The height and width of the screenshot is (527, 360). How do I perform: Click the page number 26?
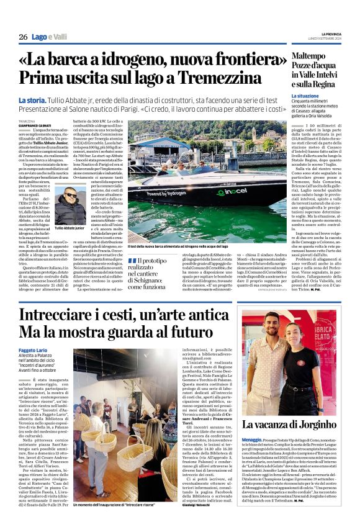(23, 38)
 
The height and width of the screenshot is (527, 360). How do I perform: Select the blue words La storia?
(32, 100)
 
